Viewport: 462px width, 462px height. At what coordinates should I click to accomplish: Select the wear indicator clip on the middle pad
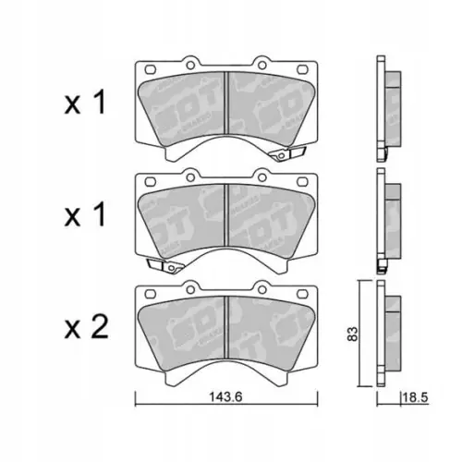pyautogui.click(x=166, y=267)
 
